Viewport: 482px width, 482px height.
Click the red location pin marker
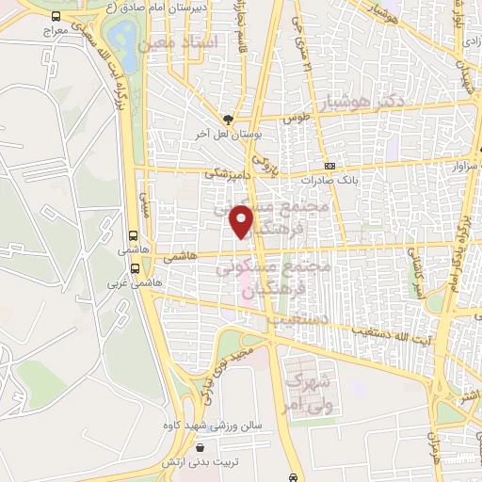(244, 220)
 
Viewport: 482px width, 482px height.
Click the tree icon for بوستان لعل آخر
(227, 118)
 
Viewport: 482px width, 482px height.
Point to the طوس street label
(297, 120)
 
